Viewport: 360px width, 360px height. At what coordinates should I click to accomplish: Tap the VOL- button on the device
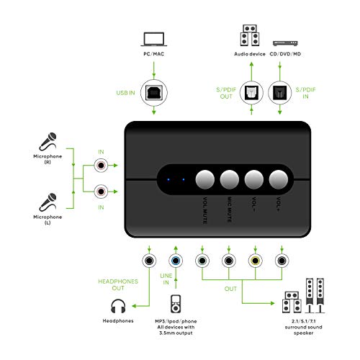253,178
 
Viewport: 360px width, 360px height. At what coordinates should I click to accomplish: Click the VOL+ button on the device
279,178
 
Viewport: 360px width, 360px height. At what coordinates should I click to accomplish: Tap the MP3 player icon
174,304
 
